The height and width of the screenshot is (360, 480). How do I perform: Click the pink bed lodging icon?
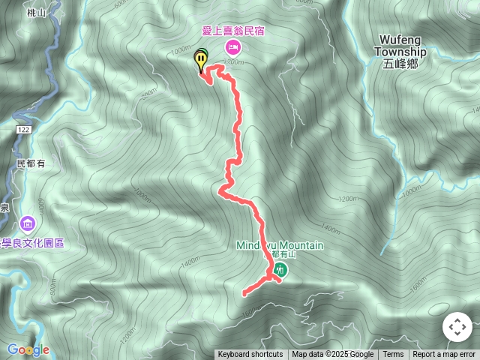[x=232, y=49]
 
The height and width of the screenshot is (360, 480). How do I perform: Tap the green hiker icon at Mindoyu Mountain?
[x=280, y=268]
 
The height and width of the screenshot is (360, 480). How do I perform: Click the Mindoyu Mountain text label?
[x=280, y=245]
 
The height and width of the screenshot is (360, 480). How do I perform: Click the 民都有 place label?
[x=31, y=163]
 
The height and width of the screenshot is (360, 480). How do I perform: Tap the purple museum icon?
[x=28, y=223]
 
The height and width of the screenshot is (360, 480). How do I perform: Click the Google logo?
[x=28, y=349]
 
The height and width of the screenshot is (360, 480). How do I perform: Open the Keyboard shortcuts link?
[x=250, y=355]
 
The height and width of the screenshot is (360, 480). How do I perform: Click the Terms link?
[x=393, y=355]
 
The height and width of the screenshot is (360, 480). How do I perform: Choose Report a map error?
[x=444, y=355]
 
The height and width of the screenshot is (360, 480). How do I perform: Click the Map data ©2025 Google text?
[x=332, y=355]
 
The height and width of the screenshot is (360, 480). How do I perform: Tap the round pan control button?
[x=457, y=328]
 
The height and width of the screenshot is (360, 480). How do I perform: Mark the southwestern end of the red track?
[x=244, y=294]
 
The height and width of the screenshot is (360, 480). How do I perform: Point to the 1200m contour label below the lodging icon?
[x=234, y=63]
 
